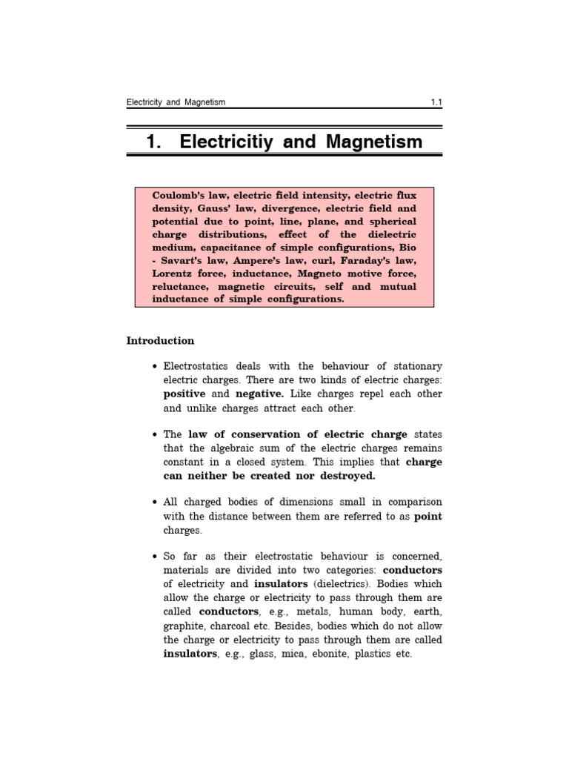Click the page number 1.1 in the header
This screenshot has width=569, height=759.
[436, 102]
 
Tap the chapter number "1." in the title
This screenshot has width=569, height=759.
[154, 142]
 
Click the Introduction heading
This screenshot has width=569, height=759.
[160, 341]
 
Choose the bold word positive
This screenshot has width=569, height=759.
[184, 394]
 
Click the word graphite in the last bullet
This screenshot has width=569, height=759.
[184, 626]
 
